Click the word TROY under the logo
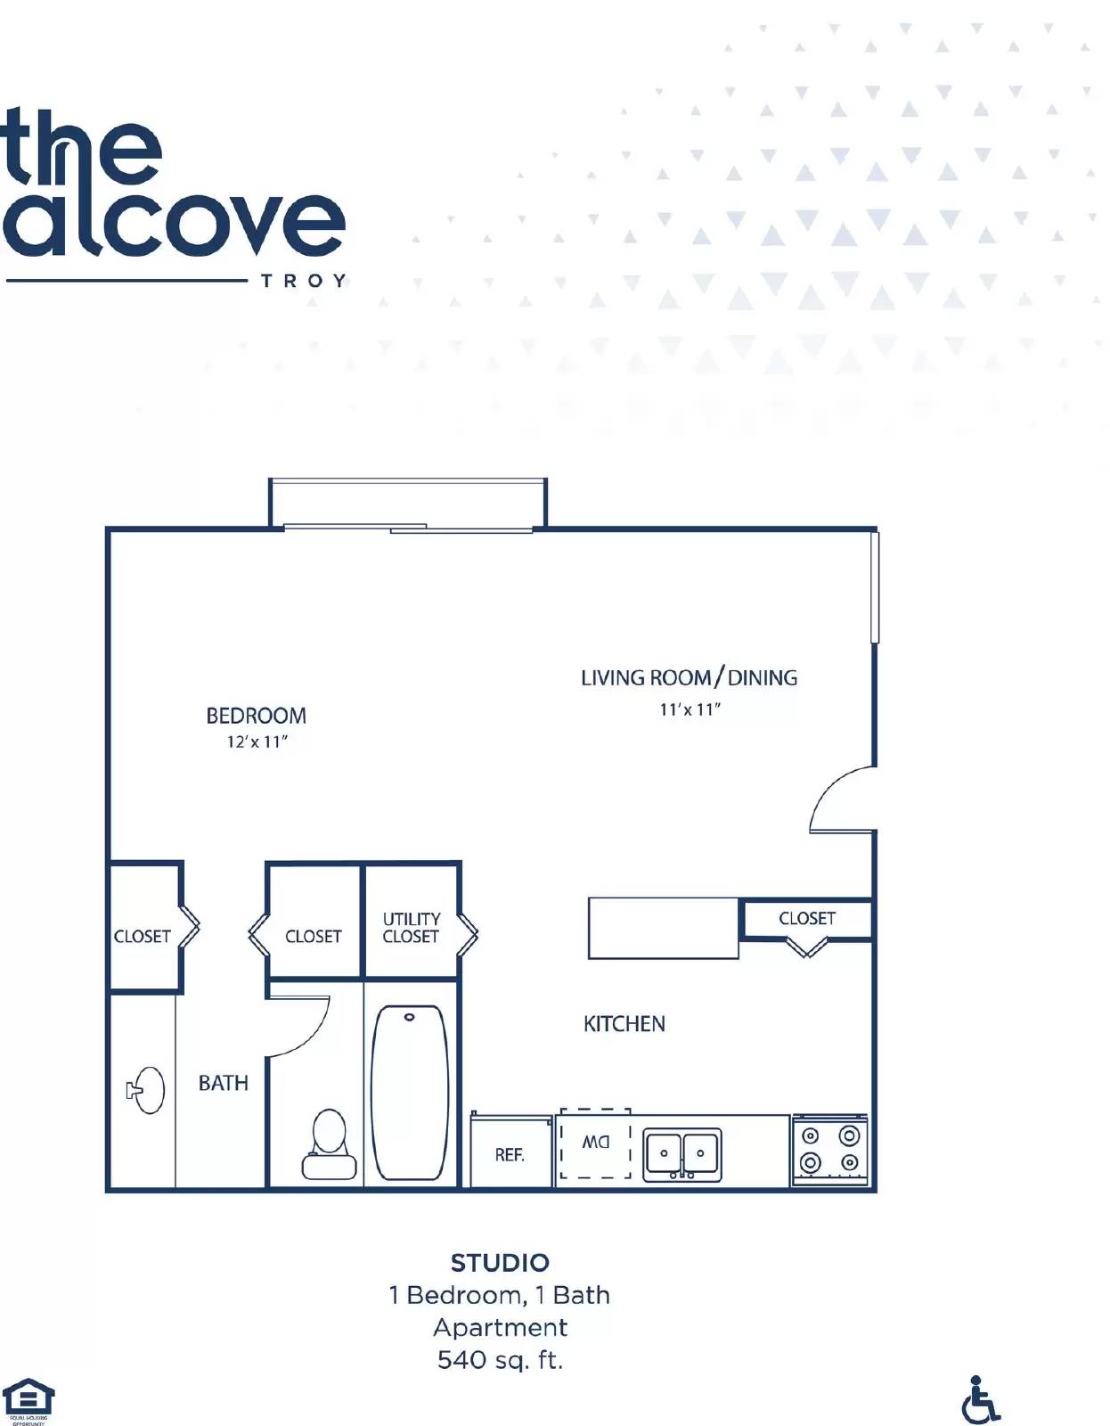(x=303, y=282)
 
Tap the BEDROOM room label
(x=256, y=716)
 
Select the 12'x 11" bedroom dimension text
(x=257, y=742)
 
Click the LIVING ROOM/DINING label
(x=689, y=678)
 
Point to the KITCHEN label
(x=624, y=1024)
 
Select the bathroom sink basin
(x=150, y=1090)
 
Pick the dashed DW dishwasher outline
(x=595, y=1143)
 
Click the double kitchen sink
(x=682, y=1154)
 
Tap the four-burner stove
(x=829, y=1150)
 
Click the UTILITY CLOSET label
(x=411, y=928)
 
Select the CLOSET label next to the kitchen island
(x=807, y=918)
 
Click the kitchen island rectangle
(x=664, y=928)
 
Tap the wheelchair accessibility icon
(x=980, y=1399)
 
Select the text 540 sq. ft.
(x=500, y=1360)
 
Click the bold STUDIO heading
(x=500, y=1263)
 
